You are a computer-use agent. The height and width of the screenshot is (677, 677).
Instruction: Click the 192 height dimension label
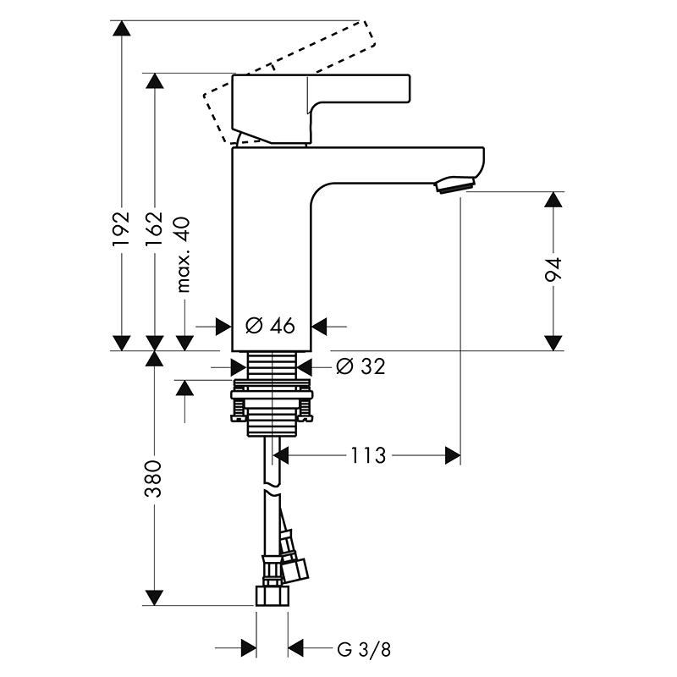point(121,228)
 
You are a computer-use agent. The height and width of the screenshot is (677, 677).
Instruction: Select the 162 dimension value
point(154,228)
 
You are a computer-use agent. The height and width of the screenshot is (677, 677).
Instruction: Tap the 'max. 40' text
point(184,255)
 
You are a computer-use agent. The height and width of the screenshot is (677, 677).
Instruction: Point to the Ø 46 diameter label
point(270,326)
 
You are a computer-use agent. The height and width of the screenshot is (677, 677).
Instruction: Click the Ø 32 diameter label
point(361,366)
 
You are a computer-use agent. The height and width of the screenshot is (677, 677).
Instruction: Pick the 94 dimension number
point(553,270)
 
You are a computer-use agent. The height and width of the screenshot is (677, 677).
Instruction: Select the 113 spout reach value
point(368,455)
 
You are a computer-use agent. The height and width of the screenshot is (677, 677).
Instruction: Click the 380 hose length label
point(153,479)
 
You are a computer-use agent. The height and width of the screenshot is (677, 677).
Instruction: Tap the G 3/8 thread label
point(364,649)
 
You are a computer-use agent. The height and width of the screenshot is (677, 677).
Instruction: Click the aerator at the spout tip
point(454,184)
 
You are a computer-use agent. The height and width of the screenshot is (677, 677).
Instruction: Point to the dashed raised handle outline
point(289,82)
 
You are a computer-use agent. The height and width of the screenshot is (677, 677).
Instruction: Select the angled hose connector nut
point(294,570)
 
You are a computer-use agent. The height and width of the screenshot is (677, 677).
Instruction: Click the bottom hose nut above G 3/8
point(272,596)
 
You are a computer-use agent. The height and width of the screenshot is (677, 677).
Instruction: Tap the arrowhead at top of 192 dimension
point(121,28)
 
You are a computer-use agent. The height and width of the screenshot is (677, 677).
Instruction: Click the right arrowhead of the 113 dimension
point(453,455)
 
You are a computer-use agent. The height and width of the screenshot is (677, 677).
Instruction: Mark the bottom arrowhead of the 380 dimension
point(154,597)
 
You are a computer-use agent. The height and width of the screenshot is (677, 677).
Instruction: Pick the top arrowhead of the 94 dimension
point(553,200)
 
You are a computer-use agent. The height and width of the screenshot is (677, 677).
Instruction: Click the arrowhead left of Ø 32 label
point(239,367)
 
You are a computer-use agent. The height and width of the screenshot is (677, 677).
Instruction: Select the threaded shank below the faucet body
point(272,365)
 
